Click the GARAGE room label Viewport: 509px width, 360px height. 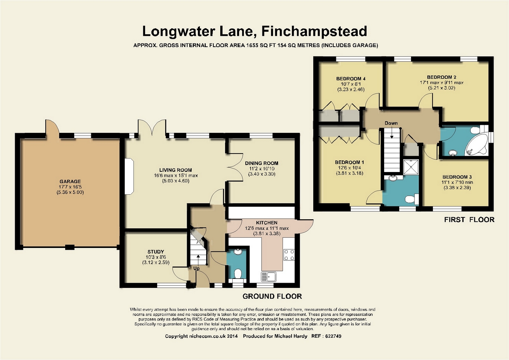(70, 182)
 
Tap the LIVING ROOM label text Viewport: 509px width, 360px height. (175, 170)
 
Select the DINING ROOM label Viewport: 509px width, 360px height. (262, 163)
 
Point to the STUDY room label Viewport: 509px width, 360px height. (156, 252)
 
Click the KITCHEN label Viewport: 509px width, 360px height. (267, 223)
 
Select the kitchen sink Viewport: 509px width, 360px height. (268, 277)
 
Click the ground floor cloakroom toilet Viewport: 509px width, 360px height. (238, 274)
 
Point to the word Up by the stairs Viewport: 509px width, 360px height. (196, 269)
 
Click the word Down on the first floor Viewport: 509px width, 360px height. (391, 123)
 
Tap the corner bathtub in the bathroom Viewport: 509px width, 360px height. (476, 145)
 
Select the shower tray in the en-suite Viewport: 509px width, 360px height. (411, 167)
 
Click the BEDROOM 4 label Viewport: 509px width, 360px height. (351, 79)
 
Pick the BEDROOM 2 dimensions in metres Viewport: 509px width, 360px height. (442, 88)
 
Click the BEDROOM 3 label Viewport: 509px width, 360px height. (457, 177)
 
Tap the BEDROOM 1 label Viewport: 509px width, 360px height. (350, 162)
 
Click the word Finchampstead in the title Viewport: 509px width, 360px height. (314, 31)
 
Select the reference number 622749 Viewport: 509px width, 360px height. (333, 336)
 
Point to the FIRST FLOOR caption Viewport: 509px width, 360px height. (469, 220)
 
